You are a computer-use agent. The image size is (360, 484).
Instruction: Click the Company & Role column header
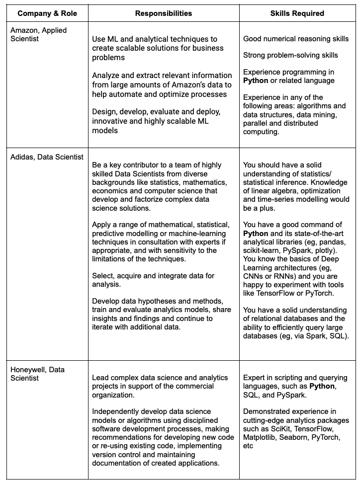tap(44, 13)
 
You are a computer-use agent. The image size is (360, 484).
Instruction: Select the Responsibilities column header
tap(164, 13)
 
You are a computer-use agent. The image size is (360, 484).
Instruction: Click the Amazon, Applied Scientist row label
tap(38, 34)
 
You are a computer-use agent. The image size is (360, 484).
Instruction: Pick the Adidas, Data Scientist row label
tap(47, 157)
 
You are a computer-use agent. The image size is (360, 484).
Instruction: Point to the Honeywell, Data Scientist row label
tap(37, 374)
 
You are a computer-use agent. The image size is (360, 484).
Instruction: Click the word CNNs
tap(255, 276)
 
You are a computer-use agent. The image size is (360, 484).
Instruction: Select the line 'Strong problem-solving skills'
tap(290, 55)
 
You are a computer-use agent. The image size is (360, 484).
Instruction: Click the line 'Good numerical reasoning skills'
tap(296, 38)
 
